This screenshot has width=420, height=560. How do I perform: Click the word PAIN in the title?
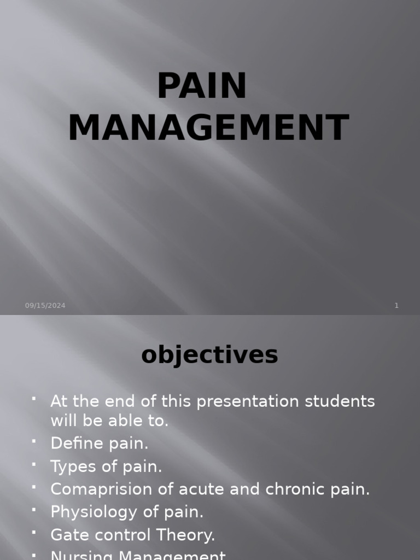[x=202, y=86]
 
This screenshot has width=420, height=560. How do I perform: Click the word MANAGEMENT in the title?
[x=208, y=129]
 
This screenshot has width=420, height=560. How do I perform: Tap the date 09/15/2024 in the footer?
[x=45, y=306]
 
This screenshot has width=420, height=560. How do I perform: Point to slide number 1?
[x=396, y=306]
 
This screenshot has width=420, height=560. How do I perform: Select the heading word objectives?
[x=209, y=355]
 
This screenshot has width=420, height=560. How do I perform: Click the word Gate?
[x=68, y=535]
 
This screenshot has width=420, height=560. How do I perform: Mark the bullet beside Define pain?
[x=34, y=441]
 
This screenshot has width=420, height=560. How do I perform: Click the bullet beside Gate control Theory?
[x=34, y=533]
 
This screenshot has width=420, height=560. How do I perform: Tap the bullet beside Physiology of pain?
[x=34, y=510]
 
